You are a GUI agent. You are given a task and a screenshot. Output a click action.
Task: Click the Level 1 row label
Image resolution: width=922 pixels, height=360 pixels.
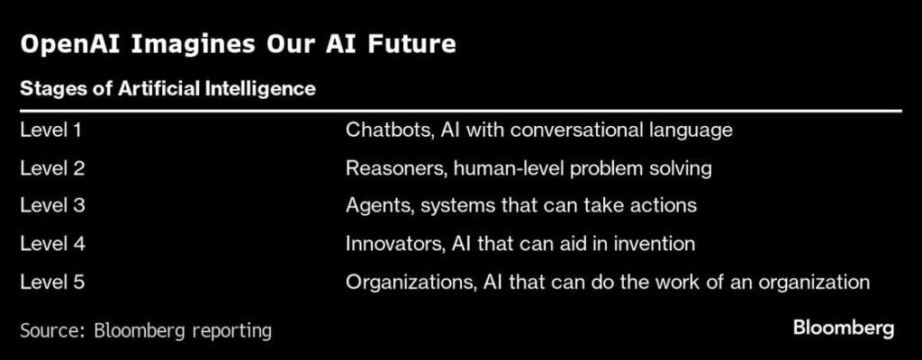coord(51,130)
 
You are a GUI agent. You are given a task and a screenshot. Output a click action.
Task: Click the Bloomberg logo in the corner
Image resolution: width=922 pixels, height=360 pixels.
coord(844,328)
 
